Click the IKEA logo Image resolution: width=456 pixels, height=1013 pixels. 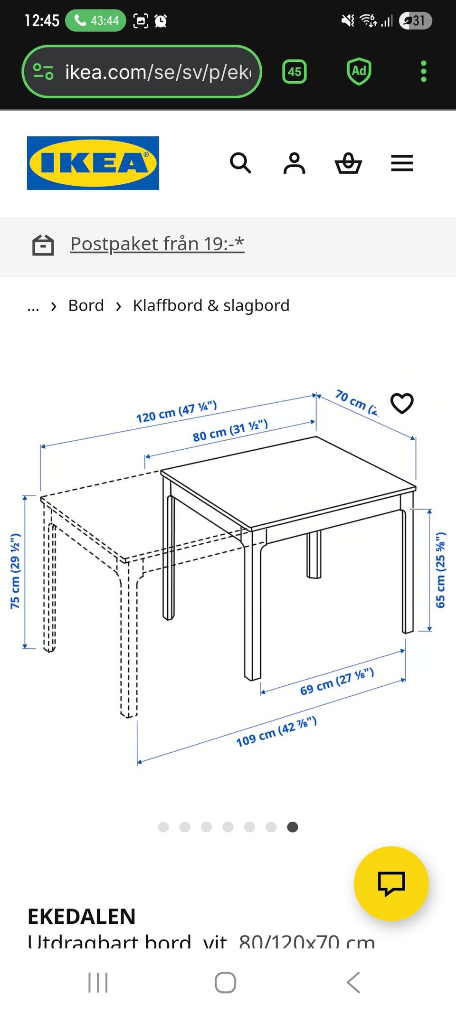pyautogui.click(x=93, y=163)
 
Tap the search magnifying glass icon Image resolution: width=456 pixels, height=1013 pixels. pyautogui.click(x=240, y=163)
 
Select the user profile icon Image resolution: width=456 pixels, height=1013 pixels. pyautogui.click(x=294, y=163)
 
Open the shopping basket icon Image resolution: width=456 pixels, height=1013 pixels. pyautogui.click(x=348, y=163)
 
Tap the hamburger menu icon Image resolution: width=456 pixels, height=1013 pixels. pyautogui.click(x=402, y=163)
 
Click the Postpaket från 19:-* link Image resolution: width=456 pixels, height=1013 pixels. pyautogui.click(x=157, y=244)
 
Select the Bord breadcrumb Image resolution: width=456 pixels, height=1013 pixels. pyautogui.click(x=86, y=305)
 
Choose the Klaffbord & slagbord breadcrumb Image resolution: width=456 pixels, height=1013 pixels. pyautogui.click(x=211, y=305)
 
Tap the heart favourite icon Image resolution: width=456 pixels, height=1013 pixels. pyautogui.click(x=402, y=404)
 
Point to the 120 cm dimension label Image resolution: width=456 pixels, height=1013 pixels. pyautogui.click(x=176, y=411)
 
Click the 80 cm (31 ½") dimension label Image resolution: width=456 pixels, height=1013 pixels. pyautogui.click(x=230, y=430)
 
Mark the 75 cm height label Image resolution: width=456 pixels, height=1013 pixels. pyautogui.click(x=15, y=571)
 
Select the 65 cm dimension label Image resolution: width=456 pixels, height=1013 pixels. pyautogui.click(x=440, y=570)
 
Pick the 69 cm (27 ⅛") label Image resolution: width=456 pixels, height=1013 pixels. pyautogui.click(x=337, y=682)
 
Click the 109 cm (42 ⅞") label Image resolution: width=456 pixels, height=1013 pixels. pyautogui.click(x=276, y=731)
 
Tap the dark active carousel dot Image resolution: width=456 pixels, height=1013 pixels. pyautogui.click(x=293, y=827)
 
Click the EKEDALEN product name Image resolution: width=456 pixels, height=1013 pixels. pyautogui.click(x=82, y=916)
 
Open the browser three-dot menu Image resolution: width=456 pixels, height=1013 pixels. pyautogui.click(x=423, y=72)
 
